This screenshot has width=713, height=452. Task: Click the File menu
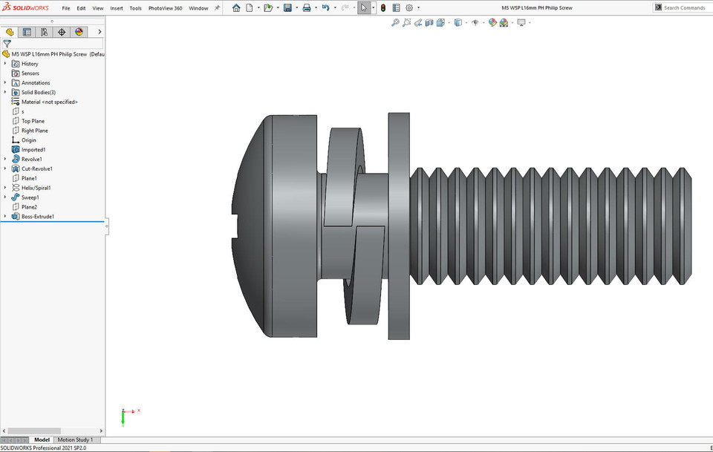[x=66, y=8]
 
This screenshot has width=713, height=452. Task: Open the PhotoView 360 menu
[x=165, y=8]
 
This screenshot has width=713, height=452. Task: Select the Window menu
[x=198, y=8]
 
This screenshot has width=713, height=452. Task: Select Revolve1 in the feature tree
[x=31, y=159]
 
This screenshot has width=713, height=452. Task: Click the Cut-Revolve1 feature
[x=36, y=168]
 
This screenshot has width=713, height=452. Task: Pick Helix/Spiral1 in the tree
[x=36, y=188]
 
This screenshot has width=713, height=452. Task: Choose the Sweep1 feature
[x=30, y=197]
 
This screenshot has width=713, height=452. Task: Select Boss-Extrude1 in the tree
[x=37, y=217]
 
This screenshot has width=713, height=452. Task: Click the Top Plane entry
[x=33, y=121]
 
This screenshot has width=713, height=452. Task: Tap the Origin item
[x=28, y=140]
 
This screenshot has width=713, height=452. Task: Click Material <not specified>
[x=49, y=102]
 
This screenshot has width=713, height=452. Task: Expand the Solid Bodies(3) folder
[x=5, y=92]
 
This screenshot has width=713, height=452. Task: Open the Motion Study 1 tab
[x=75, y=440]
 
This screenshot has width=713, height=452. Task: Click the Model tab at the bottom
[x=42, y=440]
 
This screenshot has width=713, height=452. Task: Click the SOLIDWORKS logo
[x=26, y=8]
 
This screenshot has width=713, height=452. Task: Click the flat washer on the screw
[x=399, y=226]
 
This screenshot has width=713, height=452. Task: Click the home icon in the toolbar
[x=236, y=8]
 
